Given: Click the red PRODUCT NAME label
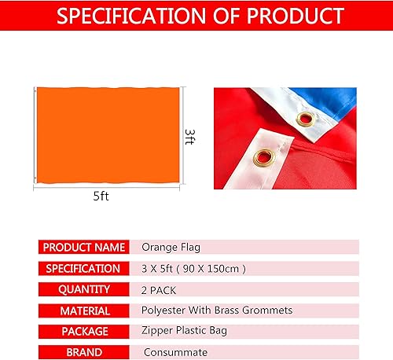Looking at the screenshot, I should [83, 247].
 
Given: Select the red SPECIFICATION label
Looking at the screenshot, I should [83, 268].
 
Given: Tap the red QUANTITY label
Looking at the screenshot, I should [83, 289].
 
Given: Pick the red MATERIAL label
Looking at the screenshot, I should [83, 310].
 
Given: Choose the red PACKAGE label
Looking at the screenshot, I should [83, 332].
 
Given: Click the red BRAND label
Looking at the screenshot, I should [83, 352].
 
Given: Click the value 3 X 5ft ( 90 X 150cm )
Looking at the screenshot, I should [193, 268].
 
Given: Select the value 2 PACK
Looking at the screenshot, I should [159, 289].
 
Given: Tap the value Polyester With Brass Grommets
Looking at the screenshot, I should [216, 310].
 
